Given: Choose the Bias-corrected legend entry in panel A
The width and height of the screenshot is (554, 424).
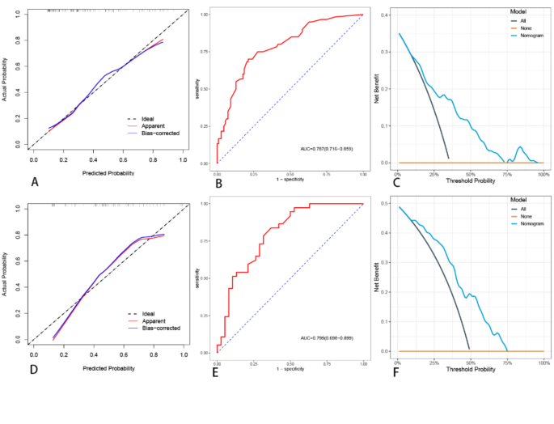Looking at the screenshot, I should point(158,133).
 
